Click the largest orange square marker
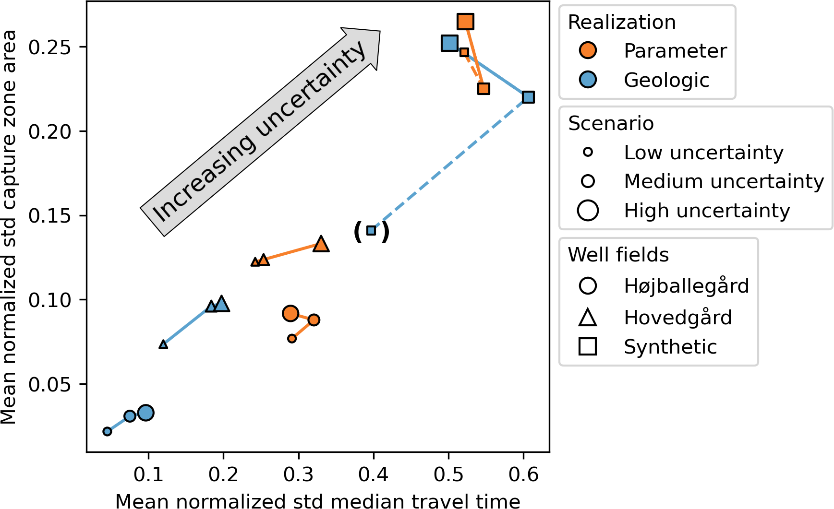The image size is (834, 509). click(x=465, y=22)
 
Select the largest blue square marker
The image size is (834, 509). click(x=449, y=43)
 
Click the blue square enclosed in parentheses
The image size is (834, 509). click(x=371, y=231)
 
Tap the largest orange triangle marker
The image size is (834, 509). click(x=321, y=244)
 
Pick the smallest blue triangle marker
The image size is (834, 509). click(x=163, y=344)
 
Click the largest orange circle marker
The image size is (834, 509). click(x=290, y=314)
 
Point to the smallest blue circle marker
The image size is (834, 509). click(x=107, y=431)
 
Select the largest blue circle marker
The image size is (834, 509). click(x=146, y=413)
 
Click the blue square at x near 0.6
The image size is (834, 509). click(x=528, y=97)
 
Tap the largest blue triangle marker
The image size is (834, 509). click(x=221, y=304)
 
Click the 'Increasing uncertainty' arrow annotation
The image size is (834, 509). click(x=259, y=132)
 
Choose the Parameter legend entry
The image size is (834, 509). click(x=675, y=51)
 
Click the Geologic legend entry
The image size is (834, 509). click(x=666, y=80)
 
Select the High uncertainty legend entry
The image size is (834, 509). click(x=706, y=211)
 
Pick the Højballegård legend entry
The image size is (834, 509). click(x=686, y=286)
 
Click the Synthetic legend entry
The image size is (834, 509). click(x=670, y=346)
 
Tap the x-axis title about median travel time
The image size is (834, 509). click(x=317, y=501)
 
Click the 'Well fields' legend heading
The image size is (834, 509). click(x=618, y=255)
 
